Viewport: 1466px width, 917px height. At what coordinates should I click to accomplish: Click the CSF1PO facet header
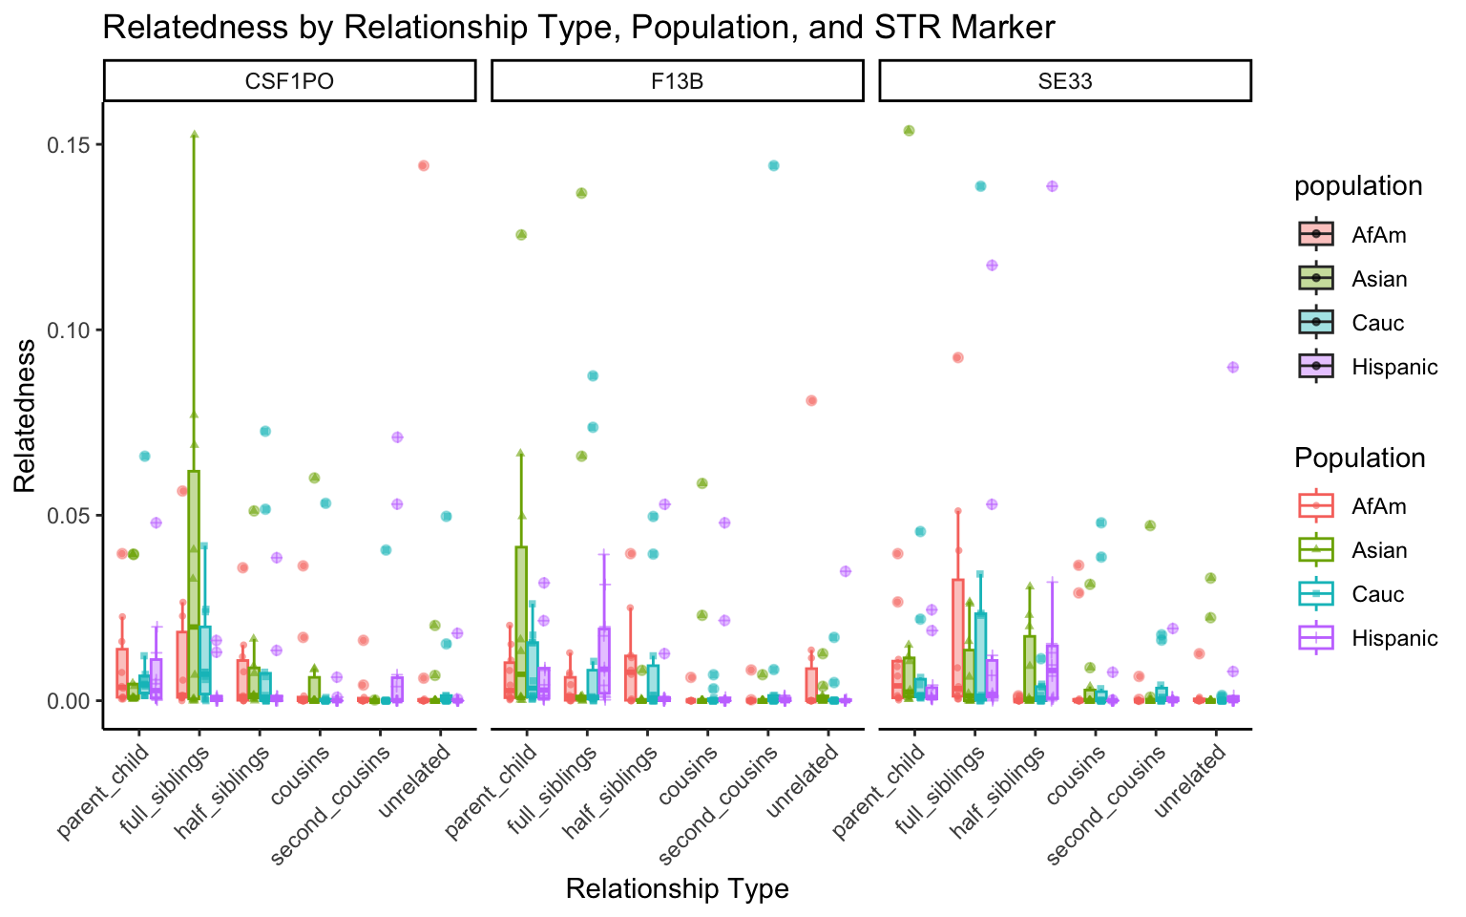289,81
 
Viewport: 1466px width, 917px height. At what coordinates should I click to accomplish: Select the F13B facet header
677,81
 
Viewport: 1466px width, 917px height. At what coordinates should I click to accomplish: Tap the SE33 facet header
1064,81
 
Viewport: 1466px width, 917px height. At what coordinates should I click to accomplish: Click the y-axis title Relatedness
25,416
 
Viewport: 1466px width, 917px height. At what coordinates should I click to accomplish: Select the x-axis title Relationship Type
677,889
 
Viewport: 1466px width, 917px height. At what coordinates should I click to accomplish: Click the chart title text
578,27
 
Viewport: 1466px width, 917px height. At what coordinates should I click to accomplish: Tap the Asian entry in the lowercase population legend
1379,279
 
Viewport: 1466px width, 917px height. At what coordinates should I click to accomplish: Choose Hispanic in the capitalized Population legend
1394,638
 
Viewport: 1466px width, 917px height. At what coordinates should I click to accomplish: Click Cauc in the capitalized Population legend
1378,594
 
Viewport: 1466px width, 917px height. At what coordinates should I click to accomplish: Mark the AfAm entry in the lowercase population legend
1378,235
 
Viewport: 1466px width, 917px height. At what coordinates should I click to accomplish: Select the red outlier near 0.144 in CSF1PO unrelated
424,165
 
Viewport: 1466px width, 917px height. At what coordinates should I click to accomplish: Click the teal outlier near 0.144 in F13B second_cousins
774,165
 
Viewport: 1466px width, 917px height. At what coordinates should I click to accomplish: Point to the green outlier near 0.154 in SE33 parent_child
909,131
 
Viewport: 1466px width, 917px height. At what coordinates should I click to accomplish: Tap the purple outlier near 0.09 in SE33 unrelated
1232,367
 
